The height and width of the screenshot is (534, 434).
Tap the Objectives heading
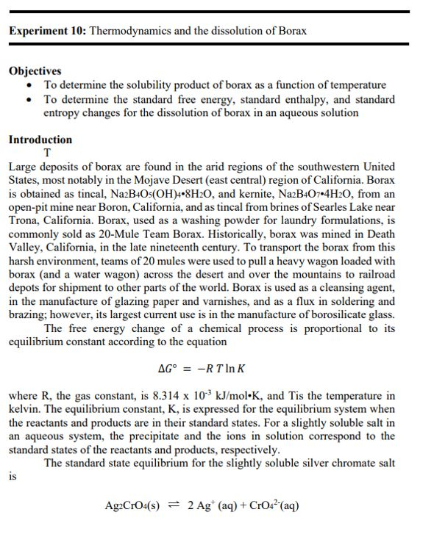tap(35, 71)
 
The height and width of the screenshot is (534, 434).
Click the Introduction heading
tap(40, 140)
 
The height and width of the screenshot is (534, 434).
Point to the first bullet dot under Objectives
tap(28, 85)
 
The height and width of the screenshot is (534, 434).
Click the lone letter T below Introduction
tap(48, 153)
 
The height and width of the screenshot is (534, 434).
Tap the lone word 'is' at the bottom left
tap(13, 477)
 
